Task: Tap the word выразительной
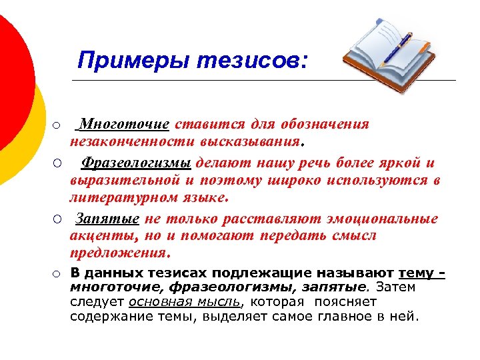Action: click(126, 181)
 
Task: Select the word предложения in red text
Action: click(119, 253)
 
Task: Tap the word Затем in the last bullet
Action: click(396, 287)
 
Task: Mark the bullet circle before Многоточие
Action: click(58, 125)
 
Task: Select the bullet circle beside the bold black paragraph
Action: click(58, 273)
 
